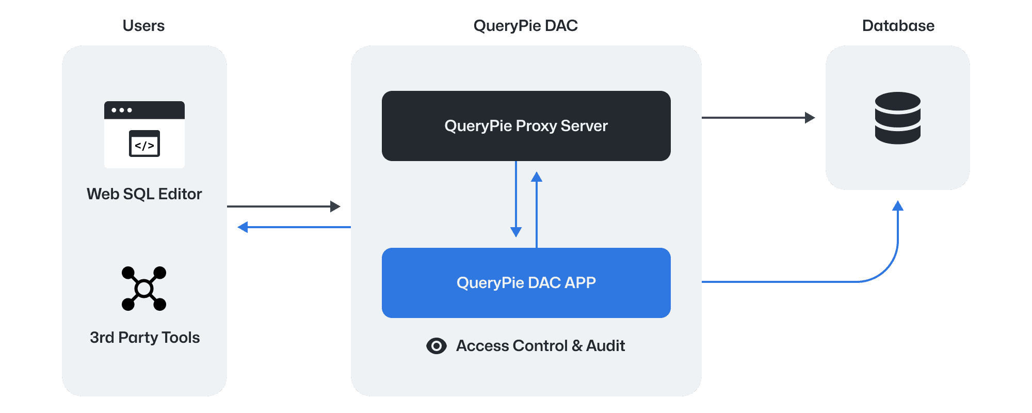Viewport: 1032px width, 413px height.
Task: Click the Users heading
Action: tap(143, 26)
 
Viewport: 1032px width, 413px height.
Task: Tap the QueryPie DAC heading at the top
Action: tap(525, 26)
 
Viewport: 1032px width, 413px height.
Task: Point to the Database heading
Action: tap(898, 26)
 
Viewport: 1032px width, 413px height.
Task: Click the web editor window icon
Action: tap(144, 135)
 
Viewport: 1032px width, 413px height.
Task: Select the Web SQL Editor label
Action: tap(144, 194)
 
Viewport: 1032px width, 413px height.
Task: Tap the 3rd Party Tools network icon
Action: tap(144, 289)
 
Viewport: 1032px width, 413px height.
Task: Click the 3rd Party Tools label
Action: tap(144, 338)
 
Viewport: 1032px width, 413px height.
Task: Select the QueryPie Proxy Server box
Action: tap(526, 126)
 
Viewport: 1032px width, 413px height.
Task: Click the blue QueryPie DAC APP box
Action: tap(526, 283)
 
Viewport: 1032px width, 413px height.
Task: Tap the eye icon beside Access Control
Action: tap(437, 346)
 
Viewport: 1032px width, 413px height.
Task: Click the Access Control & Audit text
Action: tap(540, 346)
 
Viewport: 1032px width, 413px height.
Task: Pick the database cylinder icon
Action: tap(898, 118)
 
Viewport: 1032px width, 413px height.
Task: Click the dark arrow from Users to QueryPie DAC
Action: tap(284, 206)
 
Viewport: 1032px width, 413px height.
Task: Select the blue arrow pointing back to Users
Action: tap(294, 227)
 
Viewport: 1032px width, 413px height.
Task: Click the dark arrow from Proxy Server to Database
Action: tap(759, 118)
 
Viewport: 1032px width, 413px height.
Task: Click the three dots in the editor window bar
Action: tap(122, 110)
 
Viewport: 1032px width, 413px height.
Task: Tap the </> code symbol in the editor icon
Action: tap(144, 146)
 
